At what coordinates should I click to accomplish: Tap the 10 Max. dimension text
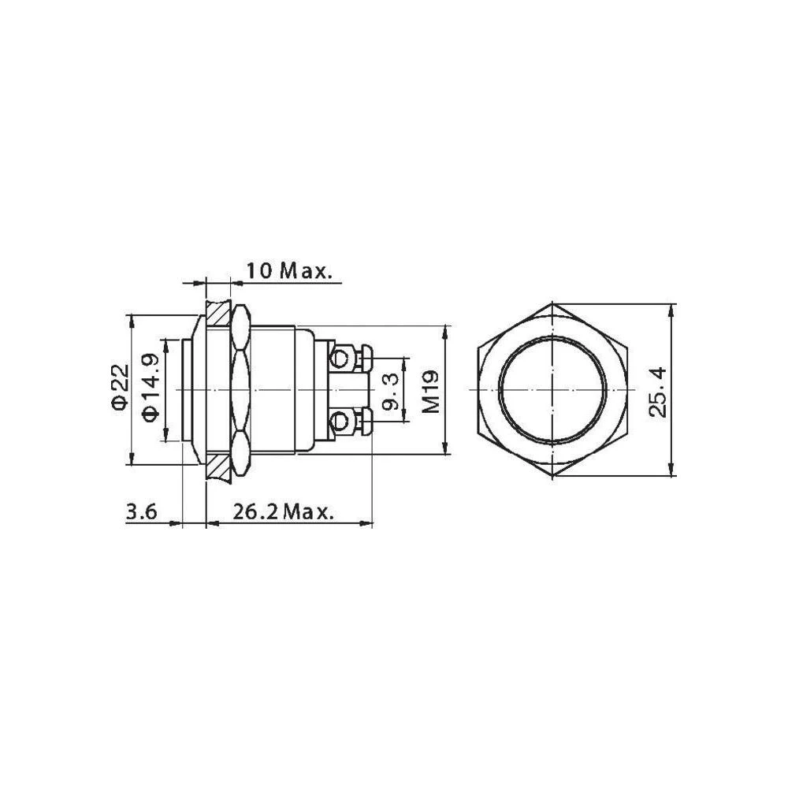(288, 271)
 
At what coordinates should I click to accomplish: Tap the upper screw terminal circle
(340, 360)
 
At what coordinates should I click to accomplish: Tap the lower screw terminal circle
(340, 422)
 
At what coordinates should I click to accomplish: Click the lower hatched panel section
(217, 468)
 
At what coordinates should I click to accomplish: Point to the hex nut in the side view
(241, 391)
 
